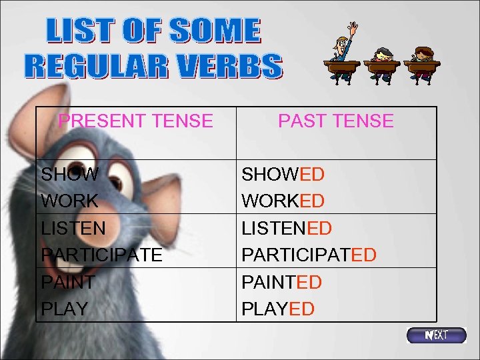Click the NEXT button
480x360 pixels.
point(437,335)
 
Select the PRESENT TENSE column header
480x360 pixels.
point(135,121)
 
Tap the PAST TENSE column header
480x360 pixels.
point(335,121)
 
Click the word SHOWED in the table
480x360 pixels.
point(283,175)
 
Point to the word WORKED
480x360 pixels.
point(283,201)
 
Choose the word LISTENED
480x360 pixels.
point(287,228)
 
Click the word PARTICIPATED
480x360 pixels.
point(309,255)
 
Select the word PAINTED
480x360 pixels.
point(281,283)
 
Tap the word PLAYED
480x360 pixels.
point(278,309)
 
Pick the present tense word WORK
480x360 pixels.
point(69,201)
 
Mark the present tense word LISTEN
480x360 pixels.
point(73,228)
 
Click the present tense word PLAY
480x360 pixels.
point(65,309)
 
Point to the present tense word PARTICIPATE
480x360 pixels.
point(101,255)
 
